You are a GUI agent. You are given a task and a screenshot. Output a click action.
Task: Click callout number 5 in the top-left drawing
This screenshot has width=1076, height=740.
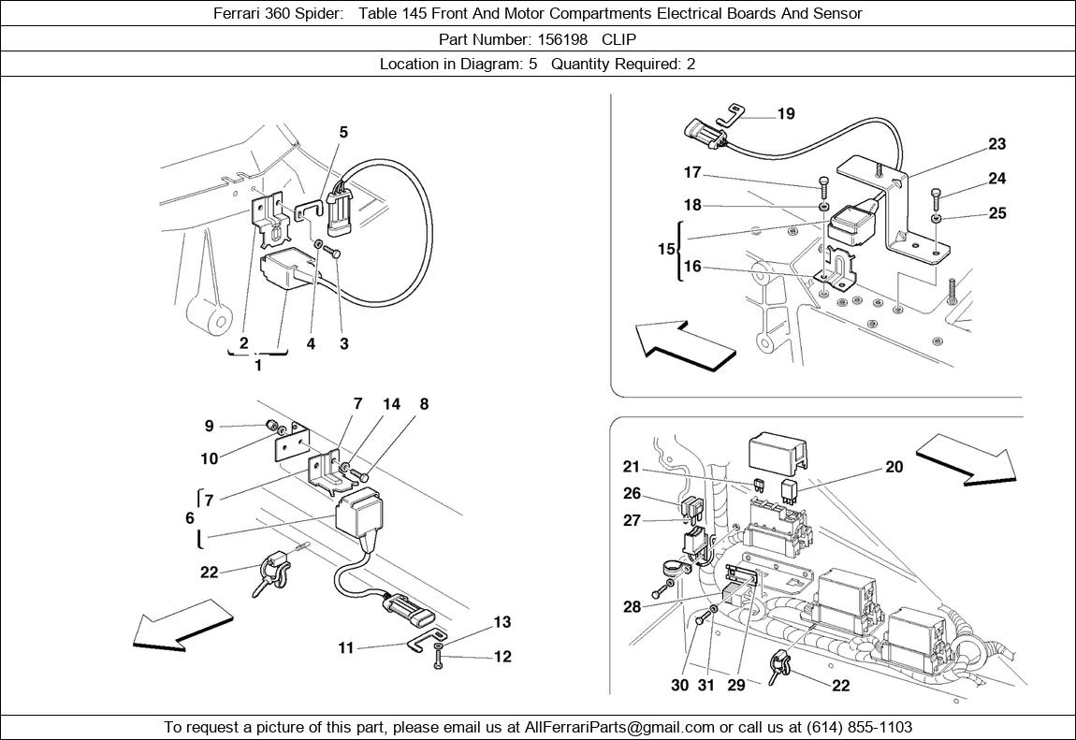tap(343, 133)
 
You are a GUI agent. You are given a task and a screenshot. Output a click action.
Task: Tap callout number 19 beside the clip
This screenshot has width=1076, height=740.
tap(786, 114)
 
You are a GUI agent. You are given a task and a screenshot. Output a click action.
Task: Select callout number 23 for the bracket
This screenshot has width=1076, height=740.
tap(996, 144)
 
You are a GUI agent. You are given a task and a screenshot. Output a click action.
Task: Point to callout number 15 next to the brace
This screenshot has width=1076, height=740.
tap(665, 250)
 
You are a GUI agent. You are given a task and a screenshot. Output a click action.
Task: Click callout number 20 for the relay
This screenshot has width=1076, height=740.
tap(894, 467)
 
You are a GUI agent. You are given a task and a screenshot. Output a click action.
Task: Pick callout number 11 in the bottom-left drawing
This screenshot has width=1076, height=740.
tap(346, 647)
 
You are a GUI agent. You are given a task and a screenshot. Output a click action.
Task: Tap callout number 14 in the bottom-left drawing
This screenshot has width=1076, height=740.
tap(391, 404)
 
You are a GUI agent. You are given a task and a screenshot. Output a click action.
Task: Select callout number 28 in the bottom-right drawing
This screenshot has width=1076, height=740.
tap(633, 607)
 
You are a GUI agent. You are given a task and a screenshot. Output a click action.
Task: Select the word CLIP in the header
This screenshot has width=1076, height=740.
tap(618, 39)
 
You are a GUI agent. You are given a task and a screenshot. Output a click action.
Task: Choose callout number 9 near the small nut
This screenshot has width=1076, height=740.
tap(209, 427)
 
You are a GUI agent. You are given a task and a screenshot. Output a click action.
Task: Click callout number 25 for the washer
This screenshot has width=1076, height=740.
tap(997, 213)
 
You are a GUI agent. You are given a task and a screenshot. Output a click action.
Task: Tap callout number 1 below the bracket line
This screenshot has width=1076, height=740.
tap(258, 366)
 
